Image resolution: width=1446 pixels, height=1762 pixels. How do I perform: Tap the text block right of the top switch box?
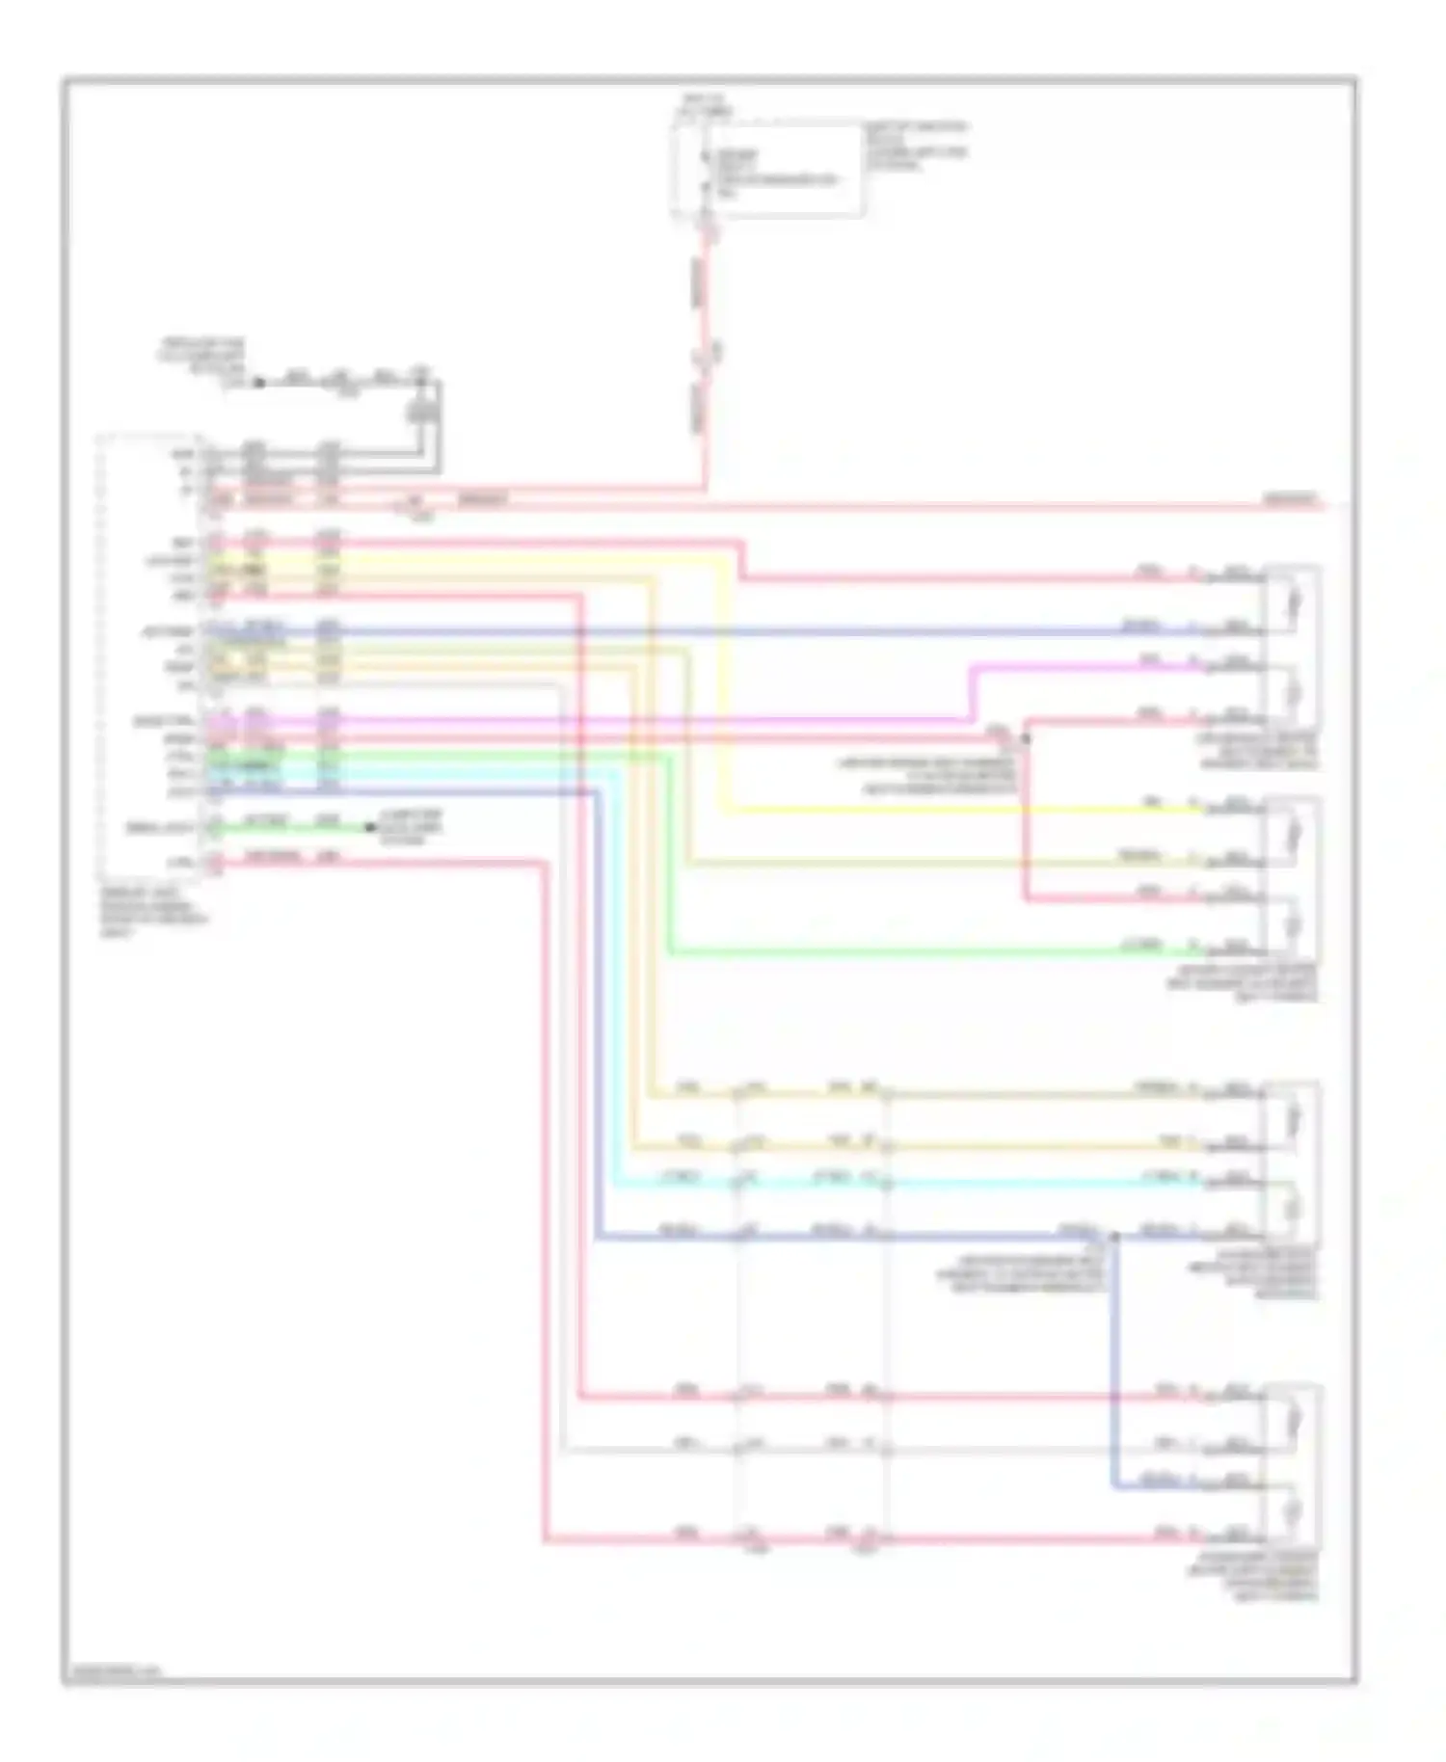point(915,146)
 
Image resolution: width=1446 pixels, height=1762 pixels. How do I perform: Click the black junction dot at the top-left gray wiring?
point(258,382)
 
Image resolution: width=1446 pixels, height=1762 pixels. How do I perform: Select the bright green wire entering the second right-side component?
point(916,953)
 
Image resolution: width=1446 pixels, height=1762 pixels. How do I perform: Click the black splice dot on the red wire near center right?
point(1026,738)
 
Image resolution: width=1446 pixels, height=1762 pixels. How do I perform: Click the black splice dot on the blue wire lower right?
point(1114,1236)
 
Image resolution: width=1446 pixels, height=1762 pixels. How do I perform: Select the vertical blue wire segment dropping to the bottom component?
point(1114,1369)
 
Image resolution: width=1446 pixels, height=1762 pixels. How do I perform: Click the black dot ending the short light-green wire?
point(368,827)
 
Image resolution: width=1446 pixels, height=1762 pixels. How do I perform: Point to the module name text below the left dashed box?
point(149,913)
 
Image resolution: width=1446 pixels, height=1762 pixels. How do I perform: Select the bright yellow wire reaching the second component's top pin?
point(964,811)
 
